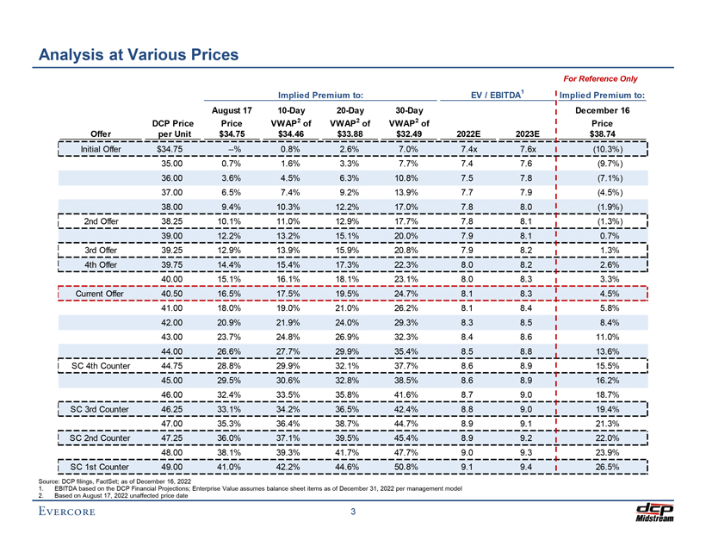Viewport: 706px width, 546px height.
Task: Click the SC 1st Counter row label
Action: [101, 468]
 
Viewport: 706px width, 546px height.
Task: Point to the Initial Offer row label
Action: [101, 148]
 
